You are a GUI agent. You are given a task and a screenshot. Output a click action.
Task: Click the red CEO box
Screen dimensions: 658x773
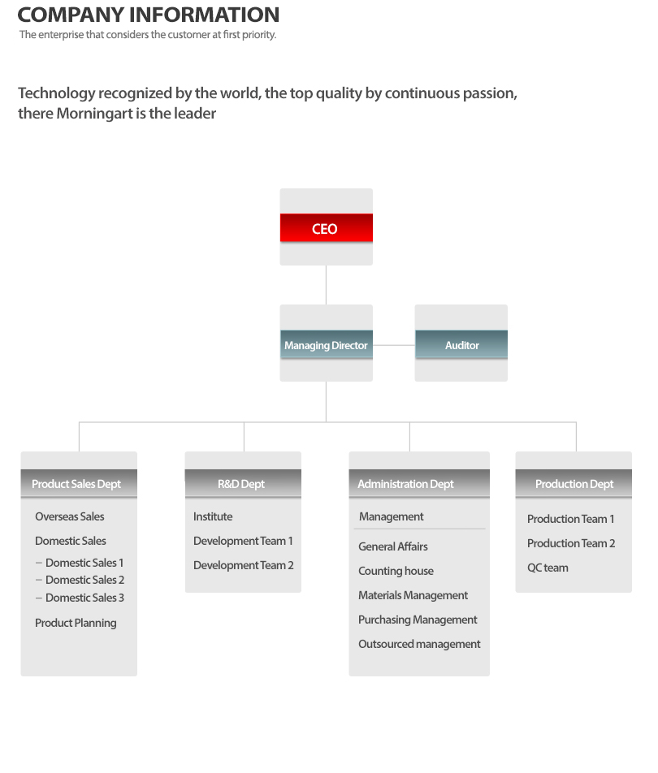pos(326,227)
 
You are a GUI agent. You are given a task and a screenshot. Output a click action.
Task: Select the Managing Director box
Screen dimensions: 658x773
pos(326,344)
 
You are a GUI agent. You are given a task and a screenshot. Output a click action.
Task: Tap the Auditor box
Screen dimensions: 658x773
pos(461,344)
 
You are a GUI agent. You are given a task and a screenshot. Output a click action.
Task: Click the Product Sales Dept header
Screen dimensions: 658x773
pos(79,484)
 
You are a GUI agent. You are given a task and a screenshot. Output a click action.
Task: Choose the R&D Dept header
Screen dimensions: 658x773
pos(243,484)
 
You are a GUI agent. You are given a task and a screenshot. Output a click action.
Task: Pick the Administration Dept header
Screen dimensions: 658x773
pos(419,484)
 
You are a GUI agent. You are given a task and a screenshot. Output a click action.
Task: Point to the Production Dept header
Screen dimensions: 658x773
pos(574,484)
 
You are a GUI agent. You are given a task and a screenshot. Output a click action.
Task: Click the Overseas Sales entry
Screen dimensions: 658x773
pos(70,516)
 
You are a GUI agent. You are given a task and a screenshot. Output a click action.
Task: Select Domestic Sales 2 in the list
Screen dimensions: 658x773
pos(84,580)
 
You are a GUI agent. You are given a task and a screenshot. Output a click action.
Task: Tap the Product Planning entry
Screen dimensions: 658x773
pos(76,623)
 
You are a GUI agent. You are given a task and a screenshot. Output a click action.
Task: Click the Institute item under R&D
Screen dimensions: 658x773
pos(213,516)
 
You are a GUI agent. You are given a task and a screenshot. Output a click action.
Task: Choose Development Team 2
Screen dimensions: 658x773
pos(243,565)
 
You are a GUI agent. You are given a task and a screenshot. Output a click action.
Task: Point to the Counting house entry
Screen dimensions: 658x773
pos(396,571)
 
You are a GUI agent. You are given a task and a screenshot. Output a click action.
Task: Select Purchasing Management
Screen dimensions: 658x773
pos(418,620)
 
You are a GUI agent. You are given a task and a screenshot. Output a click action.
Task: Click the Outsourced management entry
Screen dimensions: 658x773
pos(419,644)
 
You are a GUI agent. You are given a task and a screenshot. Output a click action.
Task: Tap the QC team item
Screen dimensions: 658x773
pos(548,568)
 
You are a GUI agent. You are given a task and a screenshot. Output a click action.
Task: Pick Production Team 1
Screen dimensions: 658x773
pos(571,519)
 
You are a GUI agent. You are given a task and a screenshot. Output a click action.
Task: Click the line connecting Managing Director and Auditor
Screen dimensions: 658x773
pos(394,345)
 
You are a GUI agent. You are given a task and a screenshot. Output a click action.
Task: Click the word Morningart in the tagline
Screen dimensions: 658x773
pos(95,114)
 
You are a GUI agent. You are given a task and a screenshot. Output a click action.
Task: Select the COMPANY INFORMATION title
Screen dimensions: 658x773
pos(149,15)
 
